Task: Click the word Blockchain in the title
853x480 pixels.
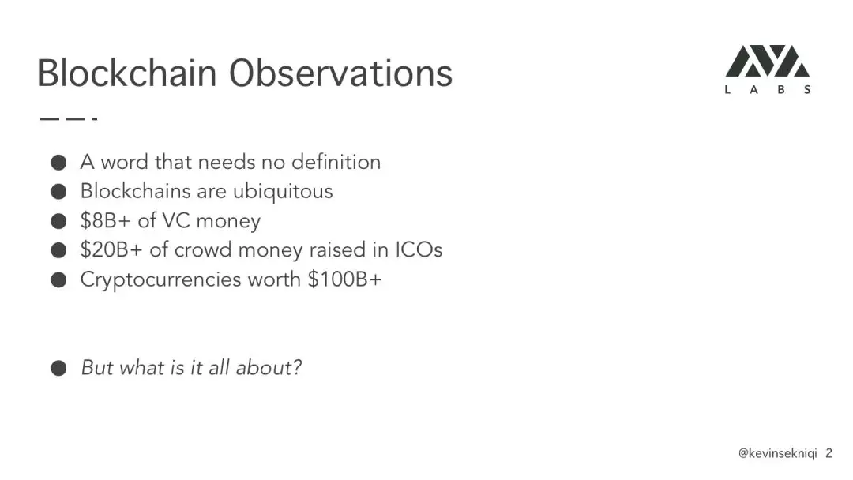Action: (127, 73)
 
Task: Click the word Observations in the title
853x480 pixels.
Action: (340, 73)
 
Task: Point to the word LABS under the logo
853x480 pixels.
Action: (768, 90)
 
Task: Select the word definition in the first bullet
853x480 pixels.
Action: (336, 162)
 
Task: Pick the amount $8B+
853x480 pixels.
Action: (106, 221)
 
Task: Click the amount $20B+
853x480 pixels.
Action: (111, 250)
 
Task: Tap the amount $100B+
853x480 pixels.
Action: (345, 279)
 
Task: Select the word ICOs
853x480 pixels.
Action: (419, 250)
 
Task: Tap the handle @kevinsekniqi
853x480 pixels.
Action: (777, 453)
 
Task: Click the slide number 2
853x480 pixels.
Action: (829, 453)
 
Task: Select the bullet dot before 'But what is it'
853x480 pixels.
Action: (58, 368)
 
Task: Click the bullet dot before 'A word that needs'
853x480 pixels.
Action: (58, 163)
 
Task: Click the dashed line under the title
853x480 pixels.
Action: (69, 118)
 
